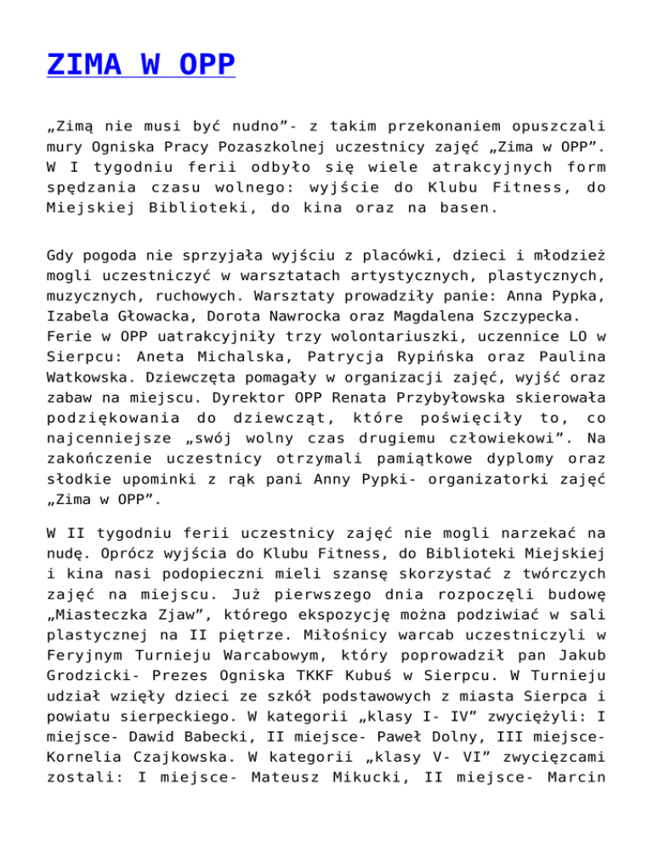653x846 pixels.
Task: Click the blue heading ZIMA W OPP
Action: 141,65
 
